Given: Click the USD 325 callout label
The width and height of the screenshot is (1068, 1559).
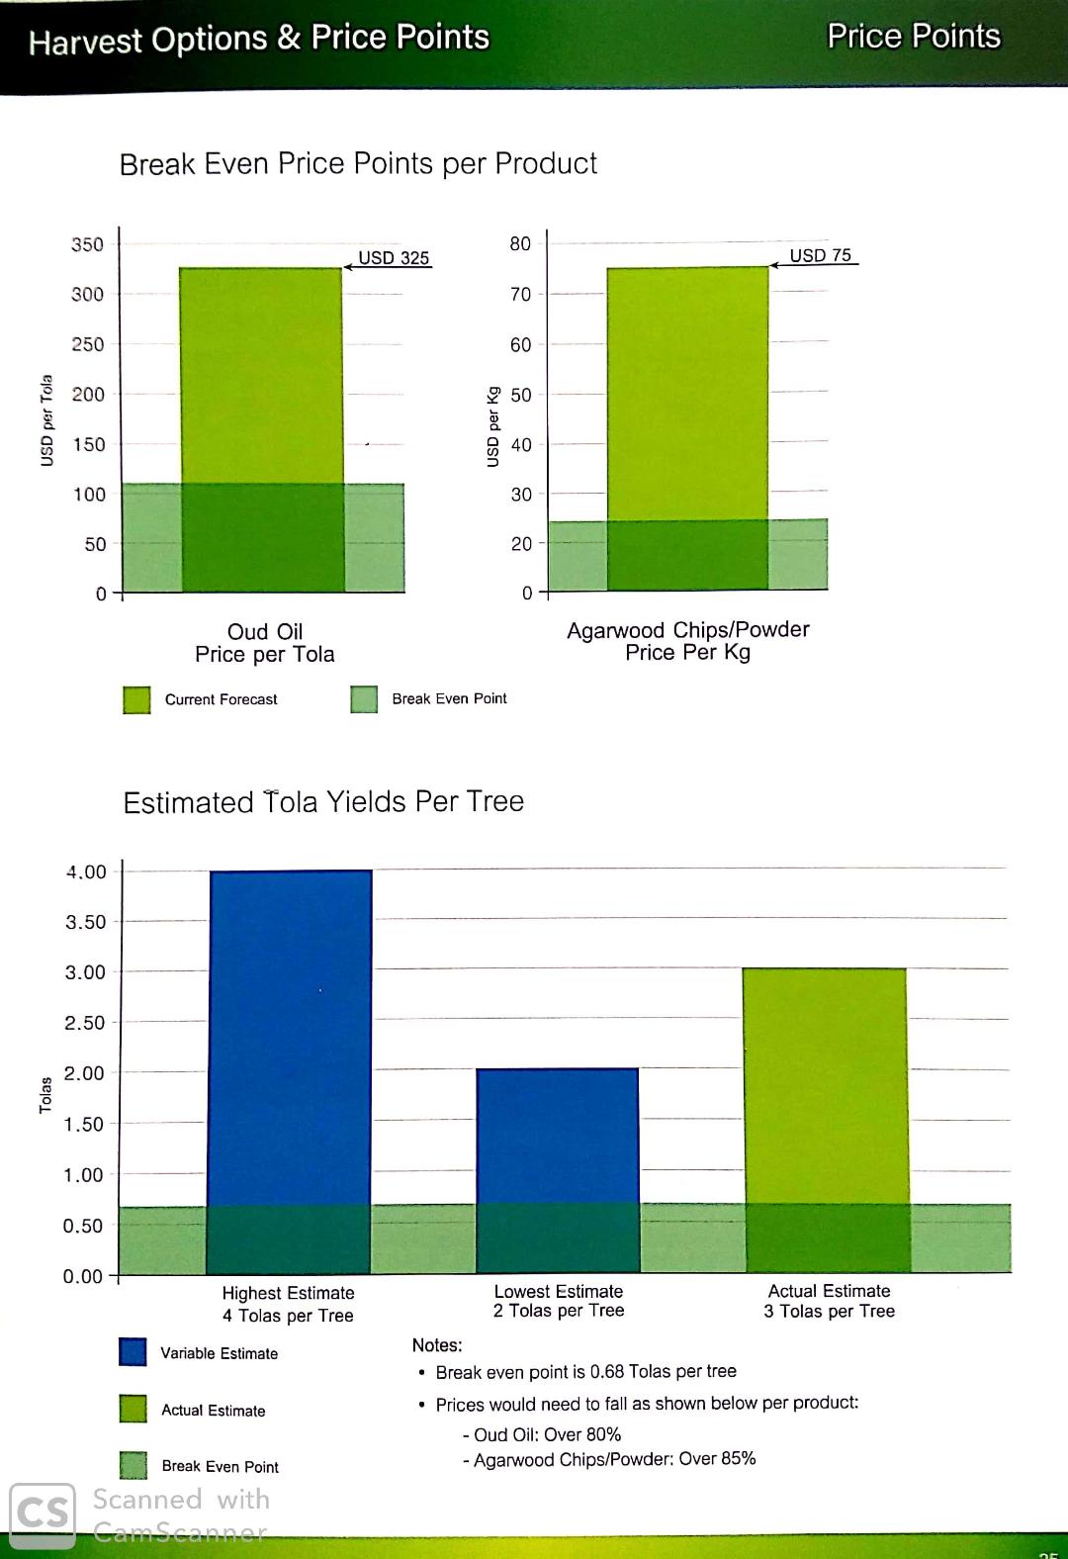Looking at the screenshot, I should (x=393, y=258).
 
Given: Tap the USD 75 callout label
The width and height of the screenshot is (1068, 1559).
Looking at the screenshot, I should (x=820, y=255).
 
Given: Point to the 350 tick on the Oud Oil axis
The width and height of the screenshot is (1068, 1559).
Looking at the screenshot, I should (x=87, y=244).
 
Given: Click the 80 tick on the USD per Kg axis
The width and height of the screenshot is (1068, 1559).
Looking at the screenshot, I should (x=520, y=243).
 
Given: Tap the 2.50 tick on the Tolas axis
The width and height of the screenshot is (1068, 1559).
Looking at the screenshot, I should (x=84, y=1023).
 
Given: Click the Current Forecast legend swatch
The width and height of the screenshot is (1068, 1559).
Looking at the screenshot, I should (x=136, y=699).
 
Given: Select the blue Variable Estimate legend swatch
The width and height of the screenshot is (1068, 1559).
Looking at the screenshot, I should (x=133, y=1352).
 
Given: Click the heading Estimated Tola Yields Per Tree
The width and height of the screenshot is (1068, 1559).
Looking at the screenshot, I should (x=323, y=801).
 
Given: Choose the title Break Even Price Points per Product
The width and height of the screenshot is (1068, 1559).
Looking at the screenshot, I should (x=358, y=163).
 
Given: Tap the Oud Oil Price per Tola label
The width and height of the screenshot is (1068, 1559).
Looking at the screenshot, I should (x=265, y=643).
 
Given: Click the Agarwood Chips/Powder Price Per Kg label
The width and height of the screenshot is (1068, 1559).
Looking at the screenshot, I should (x=688, y=641).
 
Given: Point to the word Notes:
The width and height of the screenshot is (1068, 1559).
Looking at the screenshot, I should (x=437, y=1345).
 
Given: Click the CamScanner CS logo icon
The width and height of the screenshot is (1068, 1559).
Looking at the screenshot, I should (x=43, y=1513).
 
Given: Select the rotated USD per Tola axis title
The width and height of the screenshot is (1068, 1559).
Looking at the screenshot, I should (x=45, y=420).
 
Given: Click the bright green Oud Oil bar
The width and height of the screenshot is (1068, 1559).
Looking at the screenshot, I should (x=261, y=376).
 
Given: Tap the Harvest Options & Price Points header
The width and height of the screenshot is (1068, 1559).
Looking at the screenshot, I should (x=259, y=40).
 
